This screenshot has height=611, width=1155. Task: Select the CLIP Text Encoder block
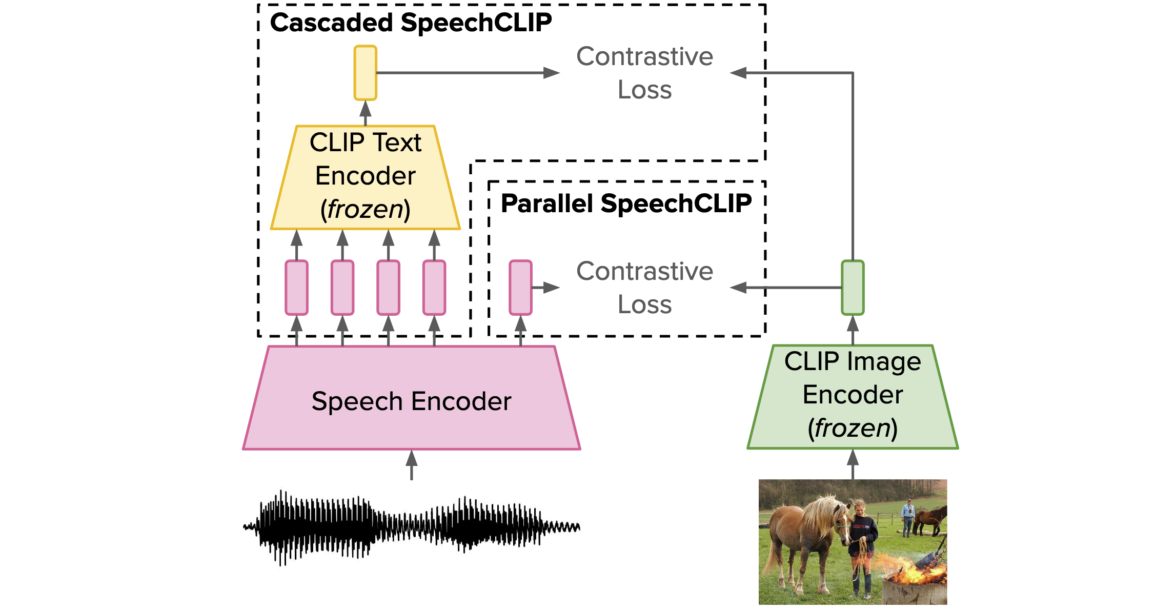[x=366, y=177]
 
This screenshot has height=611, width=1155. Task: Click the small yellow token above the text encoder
[x=366, y=73]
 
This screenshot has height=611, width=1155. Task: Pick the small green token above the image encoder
[x=853, y=288]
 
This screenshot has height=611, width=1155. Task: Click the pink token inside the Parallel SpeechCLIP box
[x=520, y=288]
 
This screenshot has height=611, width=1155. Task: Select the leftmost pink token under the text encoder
[x=297, y=288]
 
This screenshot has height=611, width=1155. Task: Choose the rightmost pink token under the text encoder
[x=434, y=288]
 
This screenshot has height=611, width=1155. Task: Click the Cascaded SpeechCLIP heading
[x=411, y=23]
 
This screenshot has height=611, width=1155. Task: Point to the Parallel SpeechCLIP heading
[x=626, y=203]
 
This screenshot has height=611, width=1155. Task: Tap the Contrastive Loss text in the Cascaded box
[x=644, y=73]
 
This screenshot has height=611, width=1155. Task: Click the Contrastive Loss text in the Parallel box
[x=644, y=288]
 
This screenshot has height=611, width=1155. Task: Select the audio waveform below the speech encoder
[x=412, y=527]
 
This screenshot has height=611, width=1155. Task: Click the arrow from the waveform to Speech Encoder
[x=412, y=465]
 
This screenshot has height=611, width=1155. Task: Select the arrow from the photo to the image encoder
[x=853, y=464]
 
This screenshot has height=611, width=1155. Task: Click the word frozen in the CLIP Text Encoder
[x=366, y=209]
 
